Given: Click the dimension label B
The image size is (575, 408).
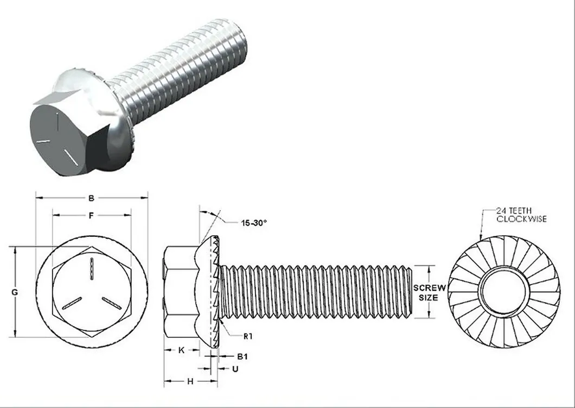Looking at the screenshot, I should tap(91, 198).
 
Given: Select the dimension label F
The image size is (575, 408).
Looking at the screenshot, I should tap(92, 216).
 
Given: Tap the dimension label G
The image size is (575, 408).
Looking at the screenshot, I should tap(15, 292).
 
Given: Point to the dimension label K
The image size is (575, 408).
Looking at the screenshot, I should tap(181, 350).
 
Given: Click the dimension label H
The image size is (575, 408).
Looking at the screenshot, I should tap(190, 381).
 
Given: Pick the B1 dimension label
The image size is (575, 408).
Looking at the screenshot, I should tap(242, 356).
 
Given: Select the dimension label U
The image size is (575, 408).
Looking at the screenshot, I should tap(235, 369).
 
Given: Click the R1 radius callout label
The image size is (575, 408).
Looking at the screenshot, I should tap(248, 336).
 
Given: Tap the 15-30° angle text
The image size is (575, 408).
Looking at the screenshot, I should tap(253, 222).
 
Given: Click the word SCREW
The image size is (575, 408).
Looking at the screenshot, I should tap(429, 287).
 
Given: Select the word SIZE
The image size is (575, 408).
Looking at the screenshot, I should tap(428, 298).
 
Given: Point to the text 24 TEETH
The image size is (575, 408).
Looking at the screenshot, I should tap(514, 211).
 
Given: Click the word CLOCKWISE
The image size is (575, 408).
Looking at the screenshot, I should tap(522, 219).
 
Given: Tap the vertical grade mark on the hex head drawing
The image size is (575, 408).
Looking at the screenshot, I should tap(92, 269).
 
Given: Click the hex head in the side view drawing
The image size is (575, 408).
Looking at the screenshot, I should tap(181, 292).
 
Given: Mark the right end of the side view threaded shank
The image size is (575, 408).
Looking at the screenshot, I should tap(408, 292).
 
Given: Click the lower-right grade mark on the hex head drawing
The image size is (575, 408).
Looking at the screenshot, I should tap(111, 304).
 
